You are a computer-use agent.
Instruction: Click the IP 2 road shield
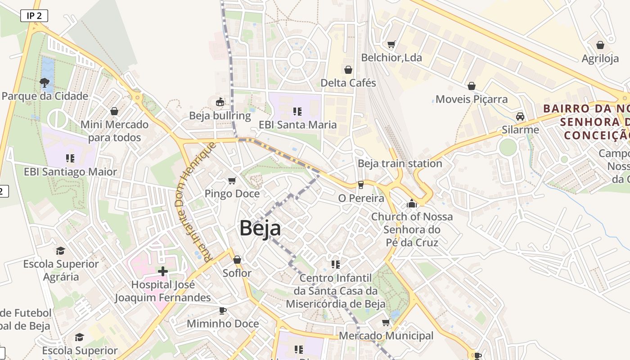tap(34, 16)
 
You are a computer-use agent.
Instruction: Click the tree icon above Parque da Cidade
tap(44, 82)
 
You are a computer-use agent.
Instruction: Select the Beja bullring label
tap(220, 116)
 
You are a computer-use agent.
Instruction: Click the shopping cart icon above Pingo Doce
tap(232, 180)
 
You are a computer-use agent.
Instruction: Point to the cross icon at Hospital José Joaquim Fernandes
tap(163, 271)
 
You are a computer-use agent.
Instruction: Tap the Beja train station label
tap(400, 163)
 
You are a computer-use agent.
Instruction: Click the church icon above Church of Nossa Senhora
tap(411, 204)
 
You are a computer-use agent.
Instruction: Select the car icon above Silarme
tap(520, 117)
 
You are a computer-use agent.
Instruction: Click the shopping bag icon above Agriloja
tap(600, 45)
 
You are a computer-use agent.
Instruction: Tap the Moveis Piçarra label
tap(471, 99)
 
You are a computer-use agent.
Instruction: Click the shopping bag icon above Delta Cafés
tap(348, 70)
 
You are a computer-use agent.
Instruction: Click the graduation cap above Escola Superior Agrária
tap(60, 251)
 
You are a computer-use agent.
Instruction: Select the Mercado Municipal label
tap(386, 336)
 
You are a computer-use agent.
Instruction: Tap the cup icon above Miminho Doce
tap(222, 310)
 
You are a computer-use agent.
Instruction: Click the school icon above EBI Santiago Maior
tap(70, 158)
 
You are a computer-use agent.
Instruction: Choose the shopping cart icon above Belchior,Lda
tap(391, 44)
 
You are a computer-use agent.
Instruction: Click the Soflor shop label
tap(237, 273)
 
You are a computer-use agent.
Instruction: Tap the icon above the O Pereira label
tap(360, 185)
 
